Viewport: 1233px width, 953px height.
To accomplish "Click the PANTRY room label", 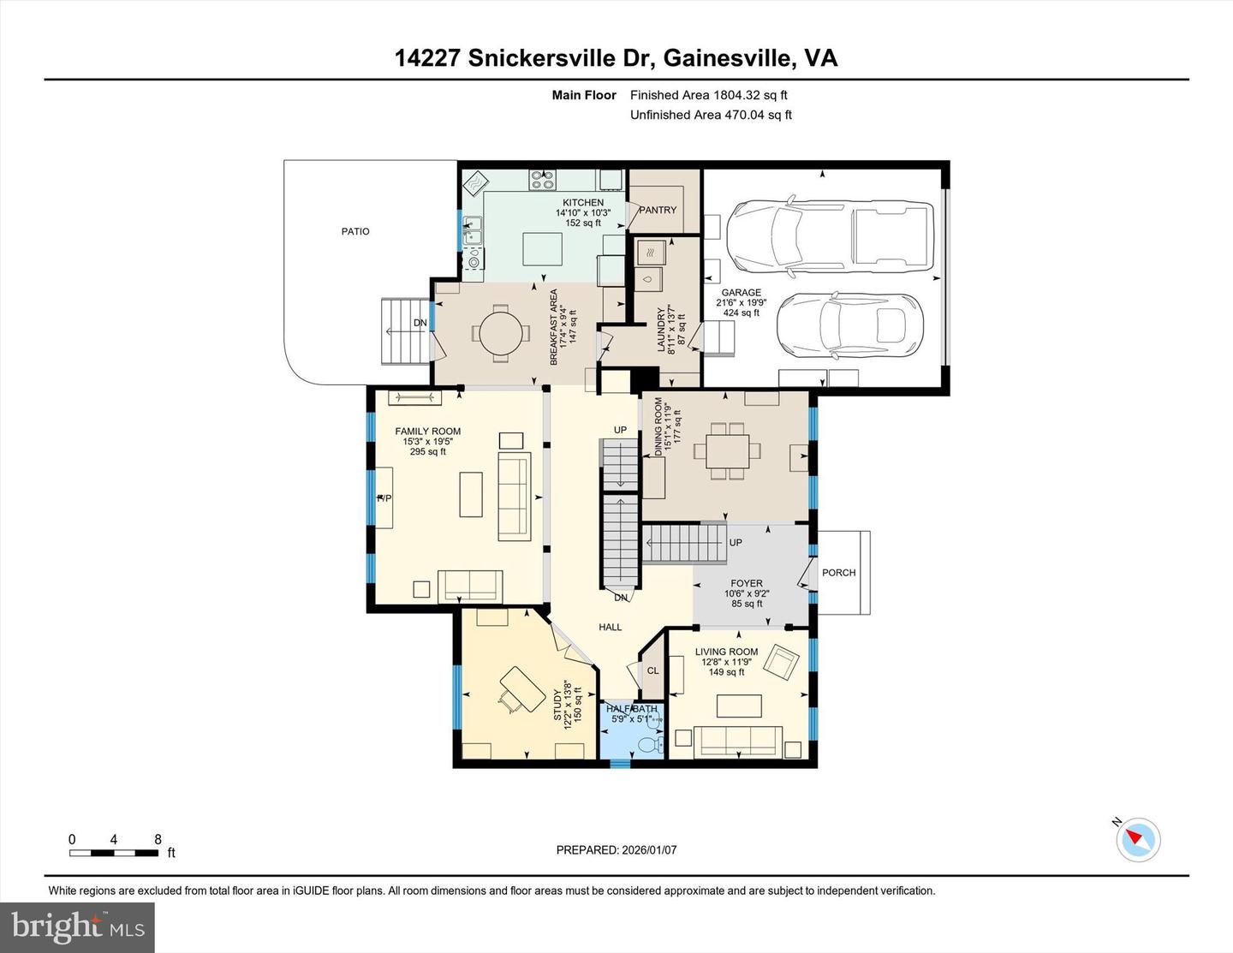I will pos(657,210).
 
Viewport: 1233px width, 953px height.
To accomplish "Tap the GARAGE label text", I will pos(741,293).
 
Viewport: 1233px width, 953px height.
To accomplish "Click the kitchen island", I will pos(544,250).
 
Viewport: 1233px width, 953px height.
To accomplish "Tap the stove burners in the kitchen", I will pos(542,180).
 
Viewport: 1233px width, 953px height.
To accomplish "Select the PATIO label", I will pos(355,231).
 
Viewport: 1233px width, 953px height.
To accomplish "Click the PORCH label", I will pos(838,573).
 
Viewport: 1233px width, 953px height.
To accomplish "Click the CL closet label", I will pos(652,670).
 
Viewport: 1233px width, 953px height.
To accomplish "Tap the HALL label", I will pos(611,627).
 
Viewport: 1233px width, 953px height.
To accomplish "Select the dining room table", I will pos(728,450).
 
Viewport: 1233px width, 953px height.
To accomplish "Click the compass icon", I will pos(1138,839).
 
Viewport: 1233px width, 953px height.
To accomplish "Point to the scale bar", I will pos(114,852).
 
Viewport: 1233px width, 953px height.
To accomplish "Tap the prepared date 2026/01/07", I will pos(616,850).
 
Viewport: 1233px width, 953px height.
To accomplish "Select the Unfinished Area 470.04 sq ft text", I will pos(711,115).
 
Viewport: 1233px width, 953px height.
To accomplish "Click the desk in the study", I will pos(523,688).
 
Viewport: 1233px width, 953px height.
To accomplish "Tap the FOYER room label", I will pos(747,583).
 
